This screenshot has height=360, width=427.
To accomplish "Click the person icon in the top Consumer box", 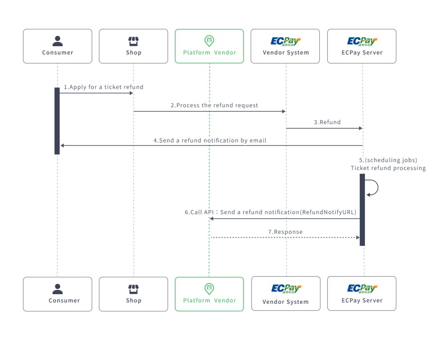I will point(58,41).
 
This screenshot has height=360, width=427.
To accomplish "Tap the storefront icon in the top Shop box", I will point(133,41).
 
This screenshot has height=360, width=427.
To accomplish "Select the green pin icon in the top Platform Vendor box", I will point(209,41).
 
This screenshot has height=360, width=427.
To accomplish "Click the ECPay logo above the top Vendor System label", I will point(286,41).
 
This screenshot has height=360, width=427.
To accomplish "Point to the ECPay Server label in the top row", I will point(362,52).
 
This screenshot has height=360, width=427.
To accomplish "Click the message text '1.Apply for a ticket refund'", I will point(103,87).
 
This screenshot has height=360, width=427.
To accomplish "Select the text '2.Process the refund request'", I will point(214,105).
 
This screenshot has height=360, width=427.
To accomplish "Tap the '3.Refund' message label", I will point(327,122).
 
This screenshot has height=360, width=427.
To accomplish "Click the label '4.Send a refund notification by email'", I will point(210,140).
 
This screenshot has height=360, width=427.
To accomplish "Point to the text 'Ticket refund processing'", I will point(388,168).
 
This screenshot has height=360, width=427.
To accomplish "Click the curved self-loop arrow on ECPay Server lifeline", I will point(374,188).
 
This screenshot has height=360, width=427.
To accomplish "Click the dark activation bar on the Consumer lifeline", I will point(57,121).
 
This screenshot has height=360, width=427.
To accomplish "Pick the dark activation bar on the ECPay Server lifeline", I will point(362,210).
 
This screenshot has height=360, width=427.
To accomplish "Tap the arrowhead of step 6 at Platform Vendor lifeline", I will point(212,218).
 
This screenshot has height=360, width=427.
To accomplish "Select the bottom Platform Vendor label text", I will point(209,300).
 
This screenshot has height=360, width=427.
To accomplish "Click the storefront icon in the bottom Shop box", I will point(133,289).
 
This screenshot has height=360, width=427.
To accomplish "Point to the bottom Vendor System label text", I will point(286,302).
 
